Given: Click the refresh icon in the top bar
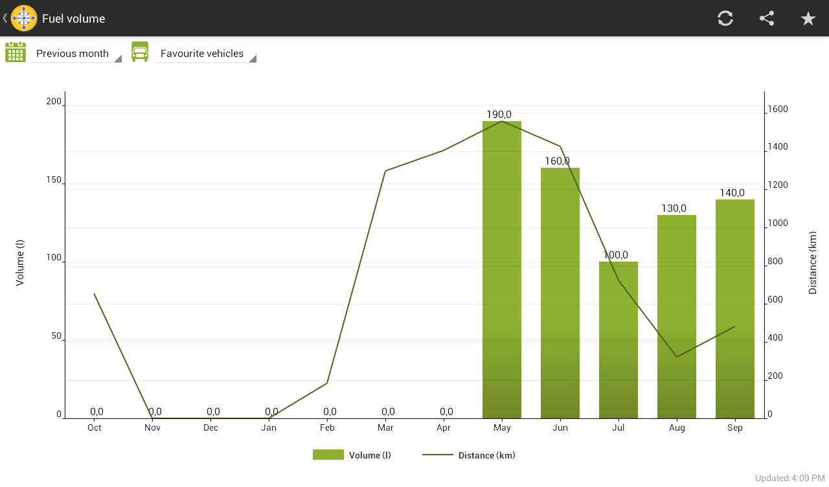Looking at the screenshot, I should (725, 18).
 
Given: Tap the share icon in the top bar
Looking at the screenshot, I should (767, 18).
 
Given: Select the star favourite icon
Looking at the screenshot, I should (808, 18).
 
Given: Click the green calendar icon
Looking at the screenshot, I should (16, 52).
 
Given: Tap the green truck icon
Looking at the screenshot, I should (140, 52).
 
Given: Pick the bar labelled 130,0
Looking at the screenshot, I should (677, 317).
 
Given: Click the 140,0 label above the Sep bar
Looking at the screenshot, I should (732, 193).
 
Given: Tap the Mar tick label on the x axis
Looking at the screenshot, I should (385, 428).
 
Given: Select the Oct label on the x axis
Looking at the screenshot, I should (95, 428).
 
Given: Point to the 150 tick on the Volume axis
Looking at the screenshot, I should (54, 180).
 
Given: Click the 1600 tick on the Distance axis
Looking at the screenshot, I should (778, 109).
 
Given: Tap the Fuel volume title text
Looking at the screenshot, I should (73, 19).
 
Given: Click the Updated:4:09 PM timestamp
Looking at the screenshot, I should (789, 478).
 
